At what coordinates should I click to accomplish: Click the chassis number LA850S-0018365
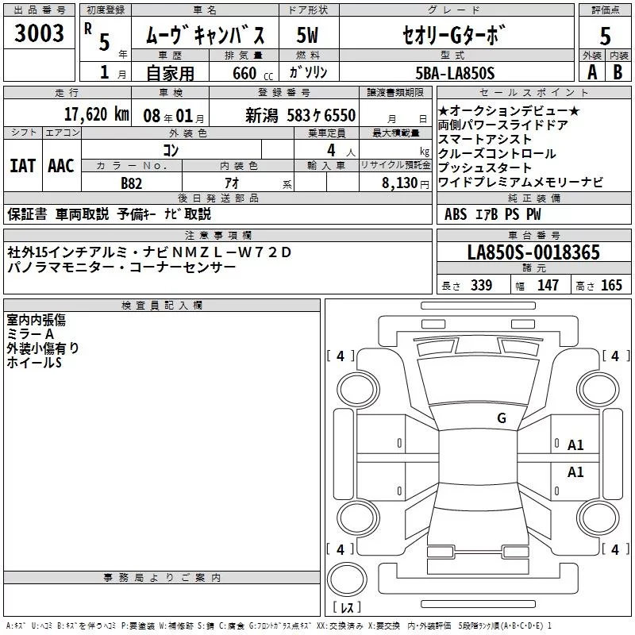(533, 252)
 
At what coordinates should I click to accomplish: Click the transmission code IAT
(22, 166)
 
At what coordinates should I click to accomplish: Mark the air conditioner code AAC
(60, 166)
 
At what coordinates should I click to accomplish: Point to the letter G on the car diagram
(501, 418)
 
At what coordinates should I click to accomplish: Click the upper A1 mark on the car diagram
(575, 445)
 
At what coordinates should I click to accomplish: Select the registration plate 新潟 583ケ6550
(301, 115)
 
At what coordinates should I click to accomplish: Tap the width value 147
(548, 286)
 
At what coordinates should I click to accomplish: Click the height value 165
(611, 286)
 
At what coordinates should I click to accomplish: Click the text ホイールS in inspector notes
(34, 363)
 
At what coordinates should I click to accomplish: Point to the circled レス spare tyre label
(348, 607)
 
